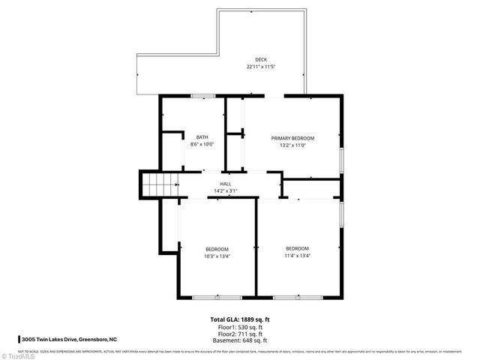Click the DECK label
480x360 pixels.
pos(260,60)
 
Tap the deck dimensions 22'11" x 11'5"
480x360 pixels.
pos(260,67)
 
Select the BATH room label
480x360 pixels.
pos(202,137)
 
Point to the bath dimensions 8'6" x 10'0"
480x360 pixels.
pos(202,144)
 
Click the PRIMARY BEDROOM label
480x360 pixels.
pos(292,138)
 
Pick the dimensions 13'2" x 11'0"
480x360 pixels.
pos(292,145)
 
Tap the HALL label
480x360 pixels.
pos(225,184)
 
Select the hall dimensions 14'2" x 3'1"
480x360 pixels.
pos(225,190)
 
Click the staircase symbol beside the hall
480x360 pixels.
pos(159,184)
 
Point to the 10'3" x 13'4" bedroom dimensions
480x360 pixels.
pos(217,256)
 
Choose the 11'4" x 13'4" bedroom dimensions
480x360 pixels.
pos(297,256)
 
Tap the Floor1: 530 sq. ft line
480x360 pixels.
pos(240,327)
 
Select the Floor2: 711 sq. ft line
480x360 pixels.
pos(240,334)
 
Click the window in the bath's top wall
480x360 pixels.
pos(202,96)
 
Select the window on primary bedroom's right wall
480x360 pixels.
pos(341,160)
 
